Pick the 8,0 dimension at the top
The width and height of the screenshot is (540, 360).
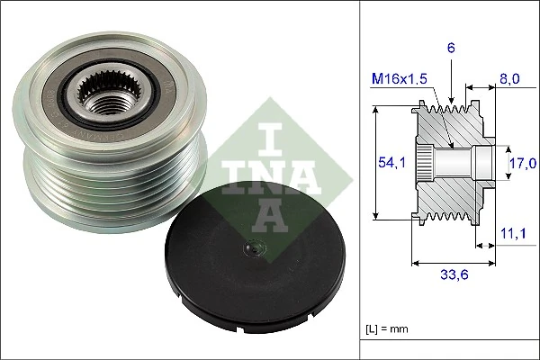[510, 79]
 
